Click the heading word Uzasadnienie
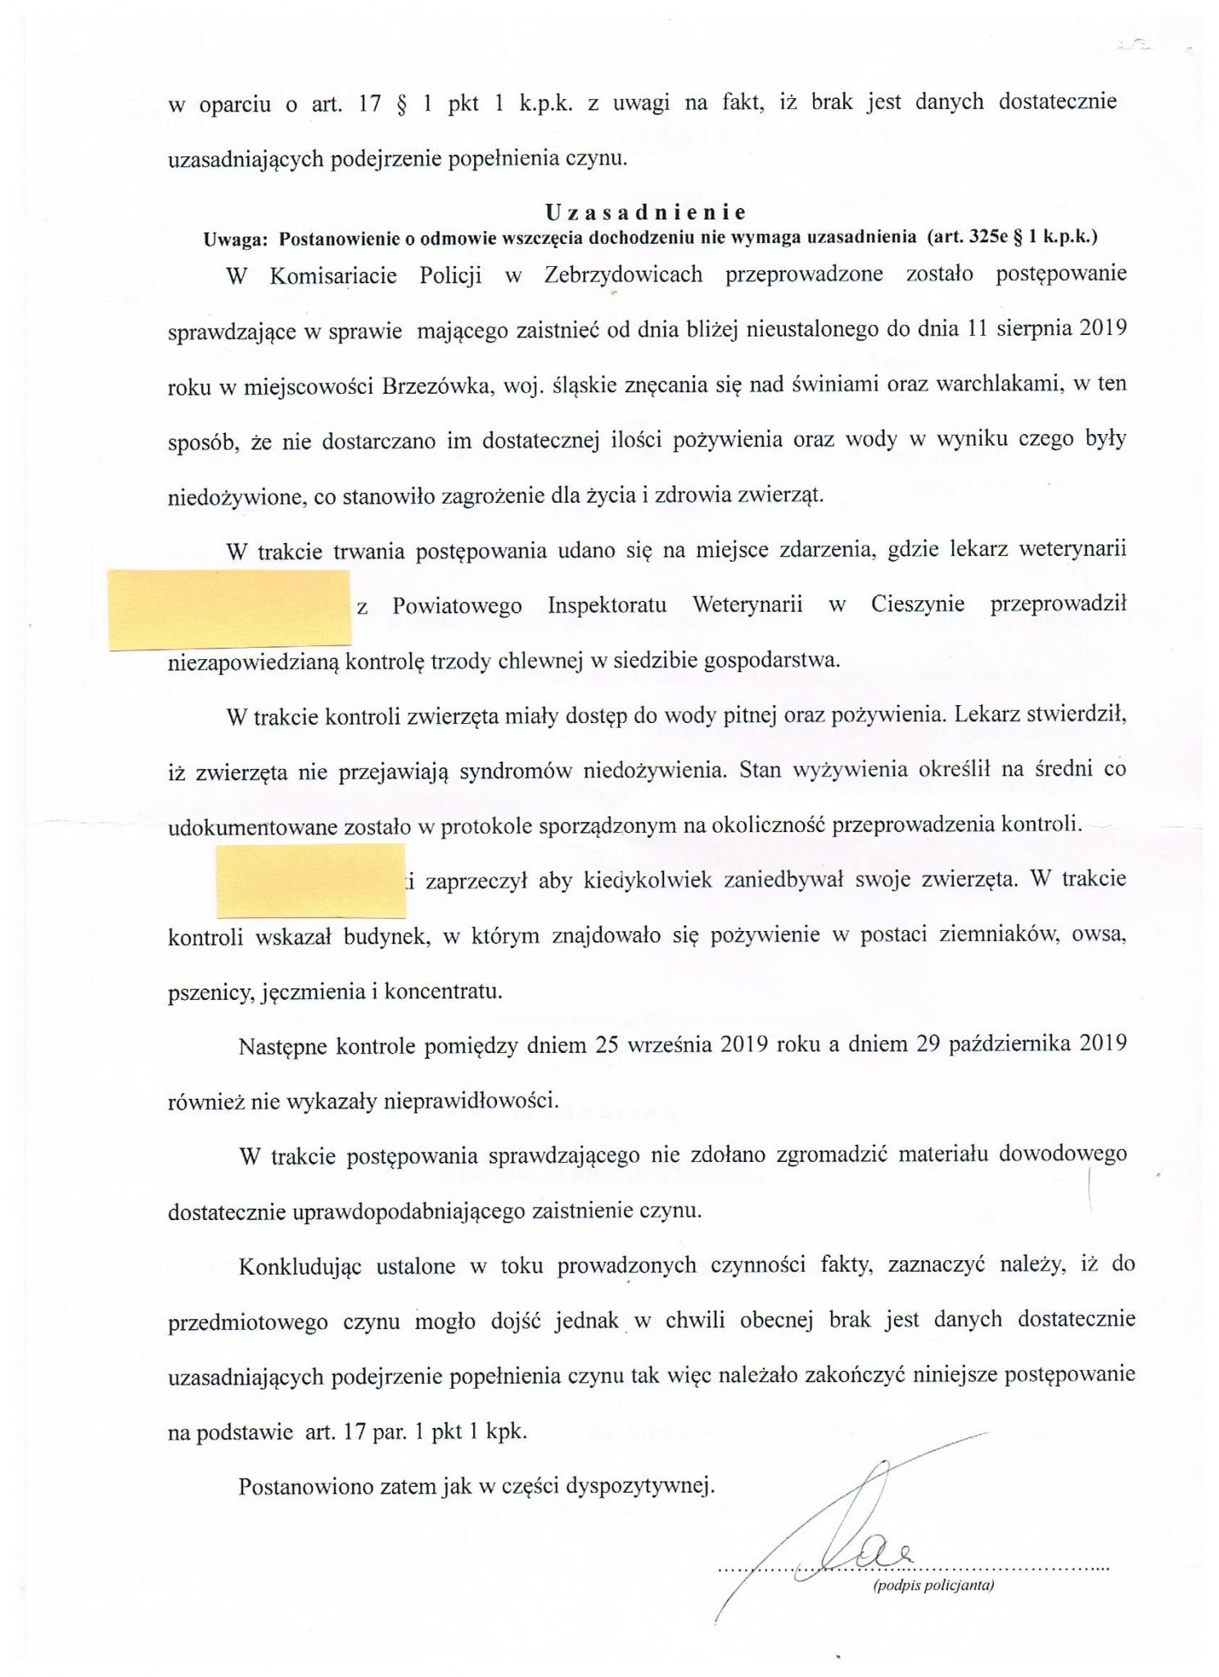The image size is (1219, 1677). [646, 213]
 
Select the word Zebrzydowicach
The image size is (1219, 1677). [623, 275]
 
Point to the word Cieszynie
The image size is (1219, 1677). [918, 605]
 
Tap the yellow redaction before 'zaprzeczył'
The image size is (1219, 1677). [311, 880]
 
